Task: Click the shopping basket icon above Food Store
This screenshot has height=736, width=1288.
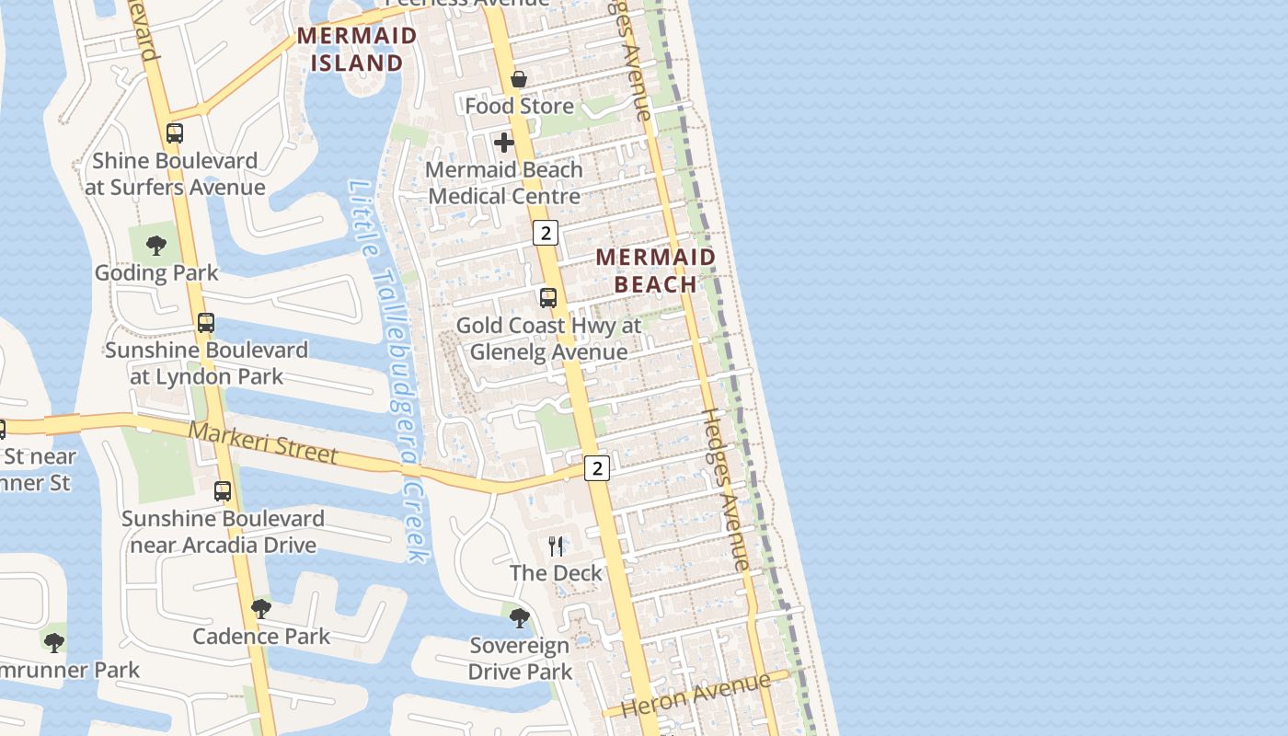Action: [519, 79]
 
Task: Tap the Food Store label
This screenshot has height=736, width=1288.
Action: [519, 106]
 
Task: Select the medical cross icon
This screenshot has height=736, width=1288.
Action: [504, 143]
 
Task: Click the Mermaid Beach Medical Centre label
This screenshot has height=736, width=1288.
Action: [504, 183]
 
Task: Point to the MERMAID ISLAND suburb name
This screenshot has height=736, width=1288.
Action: [357, 50]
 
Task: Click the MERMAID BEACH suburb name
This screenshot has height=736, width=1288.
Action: [656, 270]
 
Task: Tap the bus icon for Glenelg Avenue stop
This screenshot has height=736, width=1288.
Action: [548, 298]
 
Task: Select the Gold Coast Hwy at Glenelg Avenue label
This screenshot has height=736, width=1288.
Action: [549, 339]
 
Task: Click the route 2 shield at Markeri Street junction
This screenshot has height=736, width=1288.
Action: [597, 468]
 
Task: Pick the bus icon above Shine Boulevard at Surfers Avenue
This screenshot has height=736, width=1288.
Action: [175, 133]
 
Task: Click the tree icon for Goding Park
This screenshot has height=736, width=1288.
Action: [156, 246]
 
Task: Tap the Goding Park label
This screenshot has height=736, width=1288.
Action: [157, 272]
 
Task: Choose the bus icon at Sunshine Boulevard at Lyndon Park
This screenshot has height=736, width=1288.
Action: [206, 323]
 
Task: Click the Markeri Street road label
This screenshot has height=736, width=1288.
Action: [263, 443]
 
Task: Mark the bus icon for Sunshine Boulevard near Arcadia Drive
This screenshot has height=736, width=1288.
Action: [223, 491]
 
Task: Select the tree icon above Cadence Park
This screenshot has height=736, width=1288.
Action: [261, 609]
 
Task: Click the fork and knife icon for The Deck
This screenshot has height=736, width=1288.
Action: [556, 546]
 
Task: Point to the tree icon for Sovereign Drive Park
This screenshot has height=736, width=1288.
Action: [520, 618]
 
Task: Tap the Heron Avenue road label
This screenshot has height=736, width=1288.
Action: [696, 696]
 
